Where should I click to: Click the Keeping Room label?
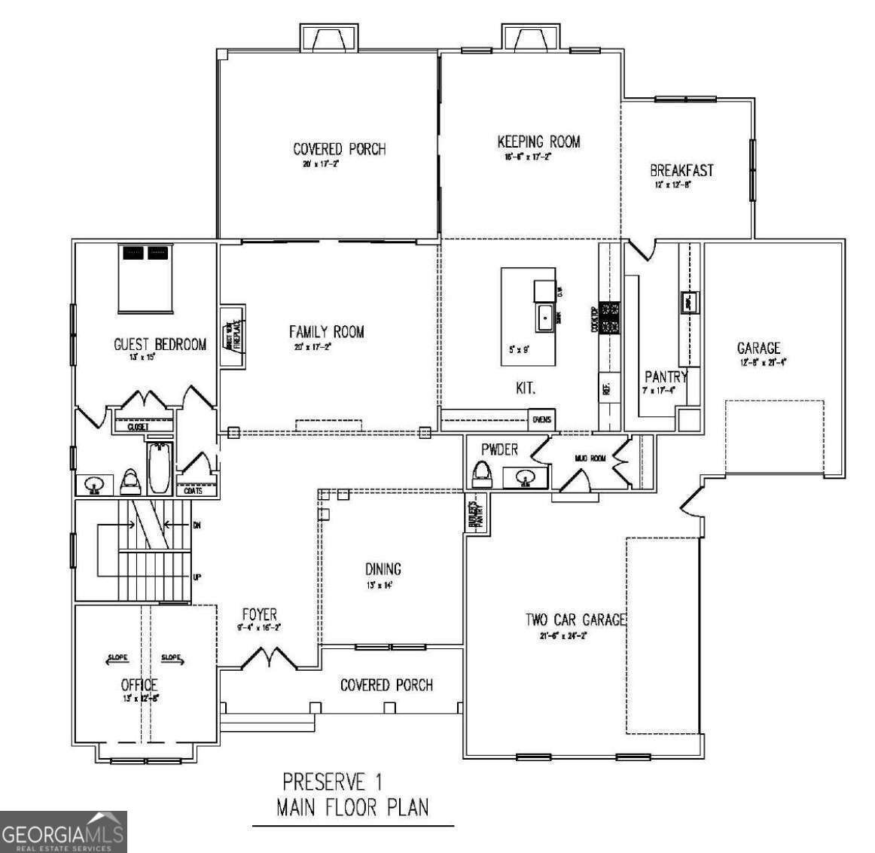(x=538, y=142)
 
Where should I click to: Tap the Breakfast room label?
(x=681, y=170)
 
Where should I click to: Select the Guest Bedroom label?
(x=160, y=345)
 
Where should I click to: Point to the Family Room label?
(x=326, y=331)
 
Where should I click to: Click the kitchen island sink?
(x=545, y=318)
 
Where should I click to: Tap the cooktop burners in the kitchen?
(x=609, y=318)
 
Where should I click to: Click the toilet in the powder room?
(x=480, y=474)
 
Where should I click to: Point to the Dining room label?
(x=383, y=569)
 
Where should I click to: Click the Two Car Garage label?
(x=575, y=620)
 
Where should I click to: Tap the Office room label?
(x=139, y=684)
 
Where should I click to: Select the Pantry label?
(x=666, y=376)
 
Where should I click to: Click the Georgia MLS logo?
(x=63, y=832)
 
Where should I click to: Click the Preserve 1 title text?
(x=337, y=780)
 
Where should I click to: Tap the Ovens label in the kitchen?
(x=541, y=419)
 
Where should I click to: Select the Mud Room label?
(x=590, y=458)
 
